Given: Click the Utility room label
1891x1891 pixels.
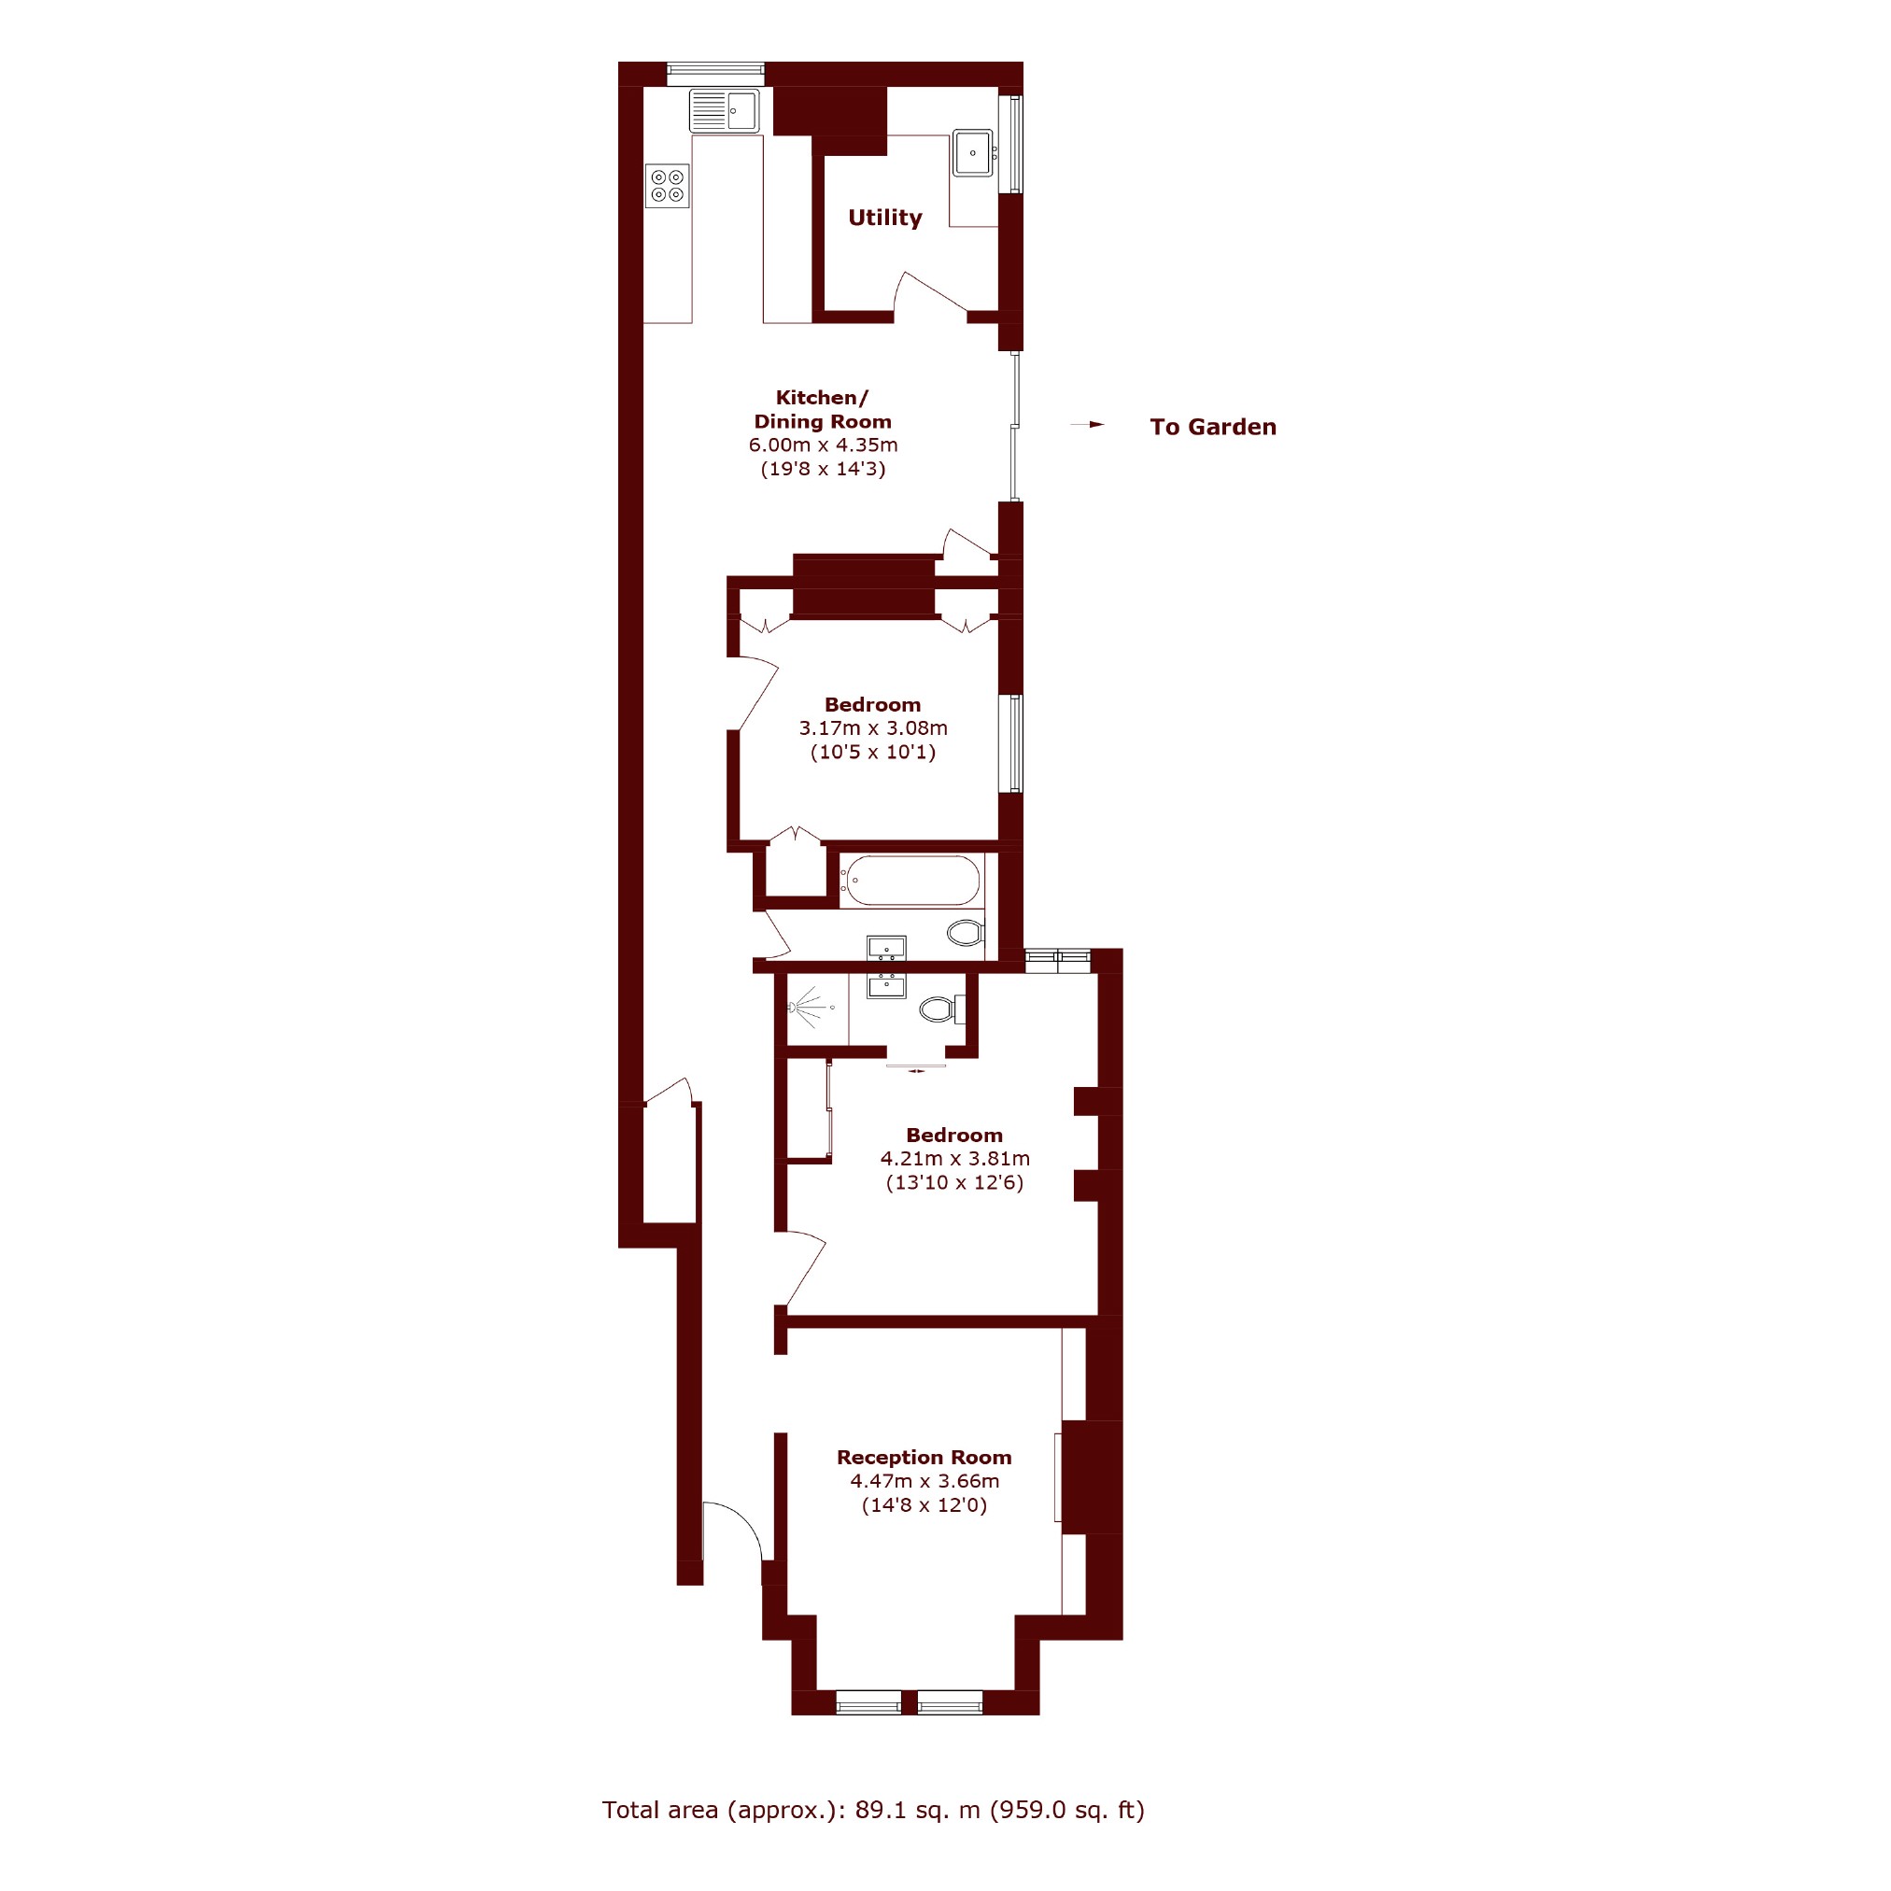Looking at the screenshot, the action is (885, 218).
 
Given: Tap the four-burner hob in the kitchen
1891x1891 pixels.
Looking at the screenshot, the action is (667, 186).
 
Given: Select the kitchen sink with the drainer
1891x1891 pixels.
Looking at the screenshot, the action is (725, 110).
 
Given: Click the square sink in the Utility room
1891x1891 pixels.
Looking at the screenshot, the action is (973, 153).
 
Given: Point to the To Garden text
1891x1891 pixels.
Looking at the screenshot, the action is (1213, 427).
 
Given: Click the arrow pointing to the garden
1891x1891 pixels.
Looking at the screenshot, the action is (1087, 425).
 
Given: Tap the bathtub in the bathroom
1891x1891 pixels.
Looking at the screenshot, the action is (911, 880).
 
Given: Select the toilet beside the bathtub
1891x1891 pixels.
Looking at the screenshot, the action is (967, 932).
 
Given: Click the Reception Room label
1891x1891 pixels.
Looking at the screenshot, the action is (924, 1458).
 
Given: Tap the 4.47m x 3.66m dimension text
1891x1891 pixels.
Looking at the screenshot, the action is (924, 1481).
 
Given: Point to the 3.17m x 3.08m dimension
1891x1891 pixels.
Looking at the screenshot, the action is (873, 728).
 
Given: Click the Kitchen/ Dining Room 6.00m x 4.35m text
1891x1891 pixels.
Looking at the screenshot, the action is (823, 421).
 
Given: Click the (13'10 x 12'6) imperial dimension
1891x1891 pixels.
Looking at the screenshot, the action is (954, 1182).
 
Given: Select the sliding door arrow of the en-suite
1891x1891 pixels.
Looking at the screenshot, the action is (916, 1071).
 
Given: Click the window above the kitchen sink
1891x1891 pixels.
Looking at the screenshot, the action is (715, 68).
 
